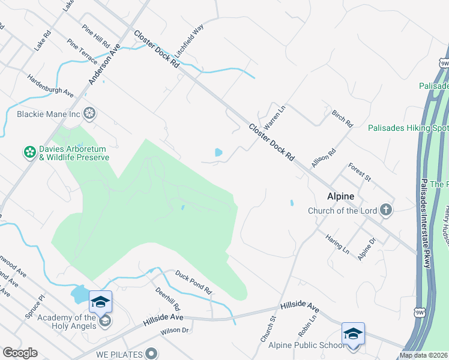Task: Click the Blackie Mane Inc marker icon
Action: coord(89,113)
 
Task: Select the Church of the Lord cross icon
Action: coord(385,210)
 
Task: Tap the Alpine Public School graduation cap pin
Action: coord(353,334)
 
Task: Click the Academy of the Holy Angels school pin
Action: coord(100,301)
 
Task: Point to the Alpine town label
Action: coord(340,196)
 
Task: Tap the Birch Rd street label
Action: coord(342,118)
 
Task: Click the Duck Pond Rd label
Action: coord(194,282)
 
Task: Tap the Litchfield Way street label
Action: coord(190,40)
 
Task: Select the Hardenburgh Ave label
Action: coord(50,86)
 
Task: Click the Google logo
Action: coord(20,353)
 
